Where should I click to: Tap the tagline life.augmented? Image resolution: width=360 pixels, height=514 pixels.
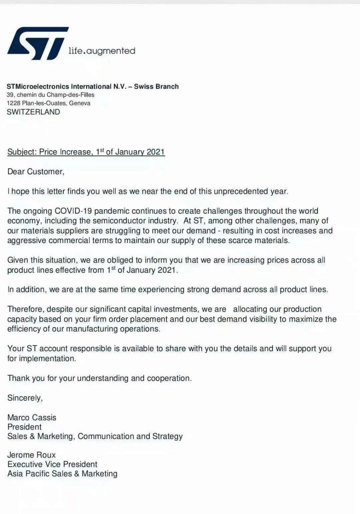click(x=102, y=51)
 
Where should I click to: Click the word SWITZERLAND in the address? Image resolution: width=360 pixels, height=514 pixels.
click(x=34, y=112)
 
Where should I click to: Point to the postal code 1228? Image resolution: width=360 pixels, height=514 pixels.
click(x=13, y=103)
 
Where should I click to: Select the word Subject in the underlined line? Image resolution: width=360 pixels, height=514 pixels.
click(x=22, y=152)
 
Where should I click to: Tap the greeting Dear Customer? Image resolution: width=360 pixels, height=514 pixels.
click(x=36, y=172)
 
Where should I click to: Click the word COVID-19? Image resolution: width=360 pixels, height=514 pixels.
click(x=73, y=211)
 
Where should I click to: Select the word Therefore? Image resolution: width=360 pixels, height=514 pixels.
click(x=25, y=309)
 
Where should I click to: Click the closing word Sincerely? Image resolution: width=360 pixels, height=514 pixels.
click(x=25, y=398)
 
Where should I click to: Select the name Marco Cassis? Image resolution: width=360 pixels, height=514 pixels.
click(x=32, y=418)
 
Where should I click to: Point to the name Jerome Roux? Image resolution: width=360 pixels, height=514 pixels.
click(x=32, y=455)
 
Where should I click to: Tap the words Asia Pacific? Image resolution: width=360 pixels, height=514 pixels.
click(x=29, y=474)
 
